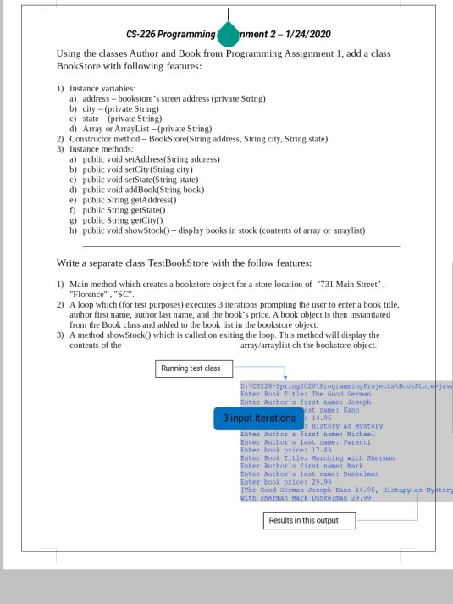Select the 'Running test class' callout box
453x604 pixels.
193,368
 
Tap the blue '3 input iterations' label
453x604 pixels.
258,418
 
